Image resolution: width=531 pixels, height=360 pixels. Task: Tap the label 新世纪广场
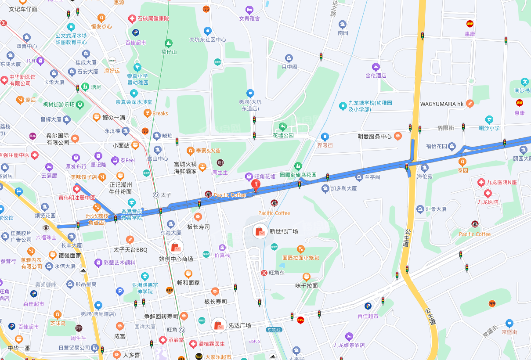click(284, 231)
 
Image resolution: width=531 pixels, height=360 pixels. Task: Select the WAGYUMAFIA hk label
click(442, 104)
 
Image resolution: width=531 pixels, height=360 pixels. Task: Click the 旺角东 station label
click(277, 273)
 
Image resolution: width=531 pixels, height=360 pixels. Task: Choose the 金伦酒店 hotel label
click(376, 76)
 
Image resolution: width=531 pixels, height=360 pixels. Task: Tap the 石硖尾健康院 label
click(153, 19)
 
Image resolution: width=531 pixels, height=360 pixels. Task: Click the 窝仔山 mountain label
click(169, 52)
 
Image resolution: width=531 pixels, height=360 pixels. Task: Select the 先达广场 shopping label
click(240, 325)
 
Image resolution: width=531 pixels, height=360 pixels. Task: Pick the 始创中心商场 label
click(176, 259)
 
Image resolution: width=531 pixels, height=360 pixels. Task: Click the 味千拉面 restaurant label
click(306, 285)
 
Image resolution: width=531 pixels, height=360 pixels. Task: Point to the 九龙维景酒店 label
click(349, 345)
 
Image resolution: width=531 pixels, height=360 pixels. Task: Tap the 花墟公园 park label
click(283, 135)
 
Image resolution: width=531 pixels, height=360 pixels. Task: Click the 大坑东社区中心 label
click(207, 40)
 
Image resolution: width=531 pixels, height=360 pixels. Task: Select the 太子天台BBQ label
click(130, 250)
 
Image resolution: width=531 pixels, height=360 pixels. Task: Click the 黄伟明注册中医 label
click(77, 198)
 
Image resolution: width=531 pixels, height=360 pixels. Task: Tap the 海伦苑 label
click(425, 176)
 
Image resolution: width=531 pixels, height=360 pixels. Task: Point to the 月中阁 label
click(289, 67)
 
